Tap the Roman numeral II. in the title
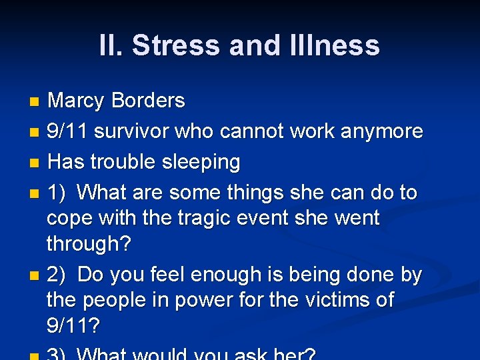tap(111, 46)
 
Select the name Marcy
tap(76, 101)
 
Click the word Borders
tap(148, 101)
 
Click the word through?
tap(89, 244)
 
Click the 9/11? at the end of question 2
tap(73, 326)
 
